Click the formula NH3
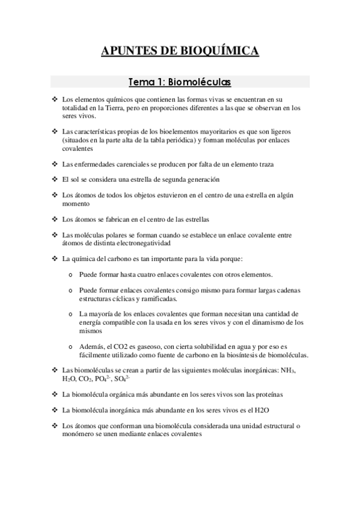(289, 370)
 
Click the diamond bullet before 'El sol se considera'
(55, 179)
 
